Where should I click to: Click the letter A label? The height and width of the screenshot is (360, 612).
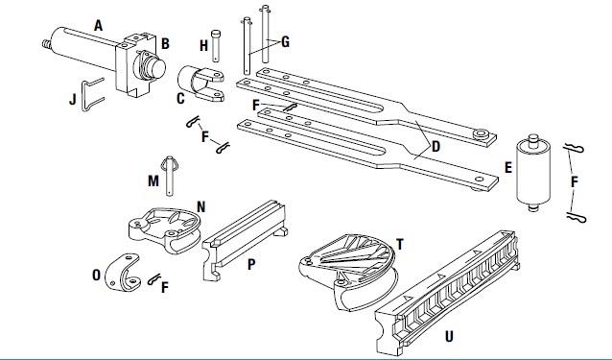coord(99,26)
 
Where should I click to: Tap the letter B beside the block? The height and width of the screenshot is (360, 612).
coord(165,44)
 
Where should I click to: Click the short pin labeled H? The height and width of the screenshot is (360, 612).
coord(216,46)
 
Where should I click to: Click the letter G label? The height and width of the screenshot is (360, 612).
coord(285,42)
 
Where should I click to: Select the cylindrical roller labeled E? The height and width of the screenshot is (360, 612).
coord(533,172)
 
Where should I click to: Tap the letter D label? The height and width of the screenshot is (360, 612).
coord(435,147)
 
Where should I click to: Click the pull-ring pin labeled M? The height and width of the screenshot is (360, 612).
coord(170,176)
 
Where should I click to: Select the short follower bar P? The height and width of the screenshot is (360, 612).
coord(245,239)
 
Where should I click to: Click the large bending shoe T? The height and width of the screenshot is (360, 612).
coord(348,271)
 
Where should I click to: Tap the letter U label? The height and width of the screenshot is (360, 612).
coord(449,336)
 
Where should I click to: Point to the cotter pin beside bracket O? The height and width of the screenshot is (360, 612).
coord(154,278)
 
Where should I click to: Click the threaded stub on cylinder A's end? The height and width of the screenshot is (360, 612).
coord(47,43)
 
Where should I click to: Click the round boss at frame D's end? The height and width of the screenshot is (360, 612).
coord(483,134)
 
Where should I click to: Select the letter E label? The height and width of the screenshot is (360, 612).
coord(507,168)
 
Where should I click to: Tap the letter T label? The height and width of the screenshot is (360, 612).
coord(400,245)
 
